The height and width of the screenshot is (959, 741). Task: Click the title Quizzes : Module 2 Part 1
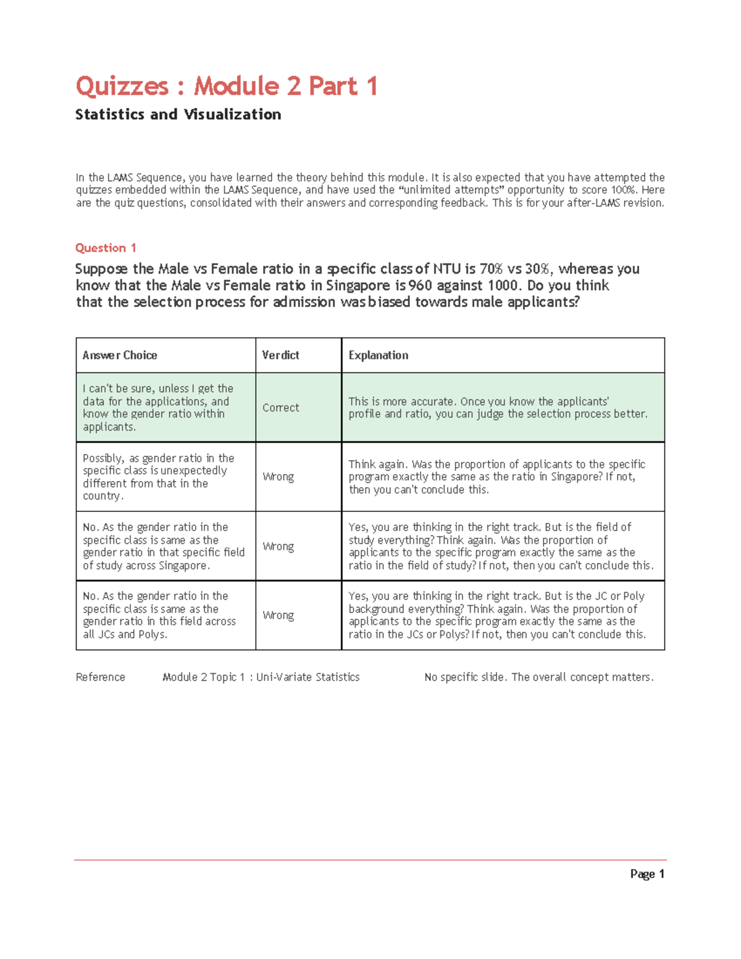(x=226, y=86)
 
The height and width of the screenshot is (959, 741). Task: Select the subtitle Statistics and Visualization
(x=178, y=114)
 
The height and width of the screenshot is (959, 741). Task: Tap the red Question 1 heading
(x=106, y=248)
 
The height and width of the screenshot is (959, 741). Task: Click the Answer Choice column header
(x=120, y=355)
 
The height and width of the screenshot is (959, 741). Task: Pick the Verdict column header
(x=280, y=355)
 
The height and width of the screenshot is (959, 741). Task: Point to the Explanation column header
(x=378, y=355)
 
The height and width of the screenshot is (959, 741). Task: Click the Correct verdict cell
(x=280, y=408)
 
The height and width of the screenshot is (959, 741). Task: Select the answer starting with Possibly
(x=159, y=477)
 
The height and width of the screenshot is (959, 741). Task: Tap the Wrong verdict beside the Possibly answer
(x=278, y=477)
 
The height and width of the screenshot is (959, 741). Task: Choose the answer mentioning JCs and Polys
(x=159, y=615)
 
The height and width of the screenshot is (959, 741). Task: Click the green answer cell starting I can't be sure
(x=158, y=408)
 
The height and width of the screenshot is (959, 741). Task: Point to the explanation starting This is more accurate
(x=498, y=408)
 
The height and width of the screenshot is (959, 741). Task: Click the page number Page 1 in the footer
(x=647, y=874)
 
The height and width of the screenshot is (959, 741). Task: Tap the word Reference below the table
(x=100, y=677)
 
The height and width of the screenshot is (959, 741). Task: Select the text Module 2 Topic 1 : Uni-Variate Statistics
(x=261, y=677)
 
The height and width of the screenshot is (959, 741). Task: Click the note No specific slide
(x=538, y=677)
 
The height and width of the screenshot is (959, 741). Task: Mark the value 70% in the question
(x=491, y=269)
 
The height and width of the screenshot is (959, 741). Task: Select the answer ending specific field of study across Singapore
(x=164, y=546)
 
